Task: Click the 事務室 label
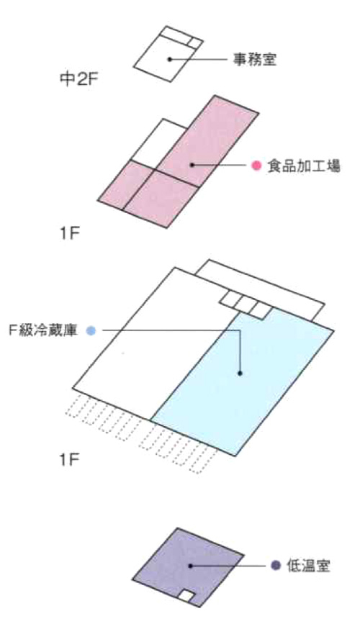[254, 60]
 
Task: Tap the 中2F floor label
[78, 80]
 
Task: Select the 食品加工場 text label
[304, 165]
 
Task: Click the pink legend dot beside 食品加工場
[256, 165]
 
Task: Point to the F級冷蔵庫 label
[43, 330]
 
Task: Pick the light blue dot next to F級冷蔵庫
[91, 330]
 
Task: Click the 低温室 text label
[309, 566]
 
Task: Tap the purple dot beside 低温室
[276, 566]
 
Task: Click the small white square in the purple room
[186, 596]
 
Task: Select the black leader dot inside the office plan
[170, 59]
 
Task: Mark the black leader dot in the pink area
[192, 164]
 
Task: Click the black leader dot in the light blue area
[240, 374]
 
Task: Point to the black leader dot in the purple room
[190, 566]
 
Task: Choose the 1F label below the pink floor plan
[70, 234]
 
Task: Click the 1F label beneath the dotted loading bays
[70, 461]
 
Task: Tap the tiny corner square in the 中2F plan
[195, 42]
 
